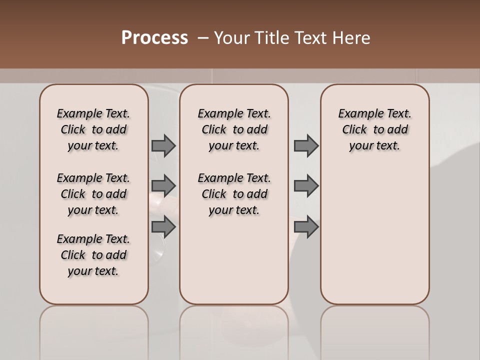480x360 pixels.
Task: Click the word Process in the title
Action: (x=154, y=38)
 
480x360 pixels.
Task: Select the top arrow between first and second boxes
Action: (x=163, y=146)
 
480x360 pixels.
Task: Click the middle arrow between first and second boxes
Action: (x=163, y=186)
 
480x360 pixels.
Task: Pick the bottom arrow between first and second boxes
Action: (x=163, y=227)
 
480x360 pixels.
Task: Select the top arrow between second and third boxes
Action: (x=306, y=146)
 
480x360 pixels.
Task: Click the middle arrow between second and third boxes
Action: (x=306, y=186)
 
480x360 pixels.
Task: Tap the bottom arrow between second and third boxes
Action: (x=306, y=227)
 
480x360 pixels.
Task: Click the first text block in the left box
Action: (x=93, y=129)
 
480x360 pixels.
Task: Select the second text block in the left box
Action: (x=93, y=194)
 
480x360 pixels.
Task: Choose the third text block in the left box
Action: (x=93, y=255)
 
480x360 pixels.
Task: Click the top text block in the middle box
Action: (x=234, y=129)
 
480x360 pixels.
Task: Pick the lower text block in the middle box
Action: (x=234, y=194)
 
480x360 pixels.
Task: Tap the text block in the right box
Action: (x=374, y=129)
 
